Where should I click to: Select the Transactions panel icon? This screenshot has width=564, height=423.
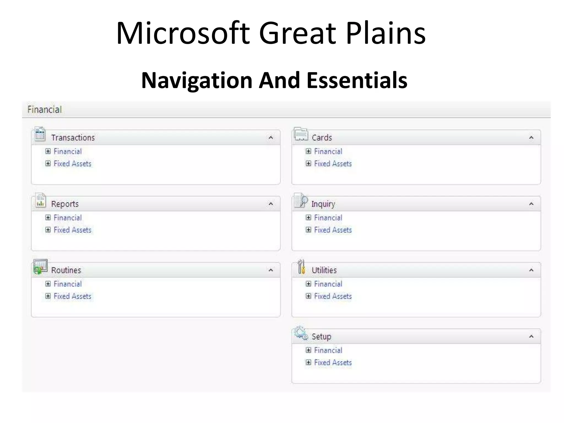click(x=40, y=134)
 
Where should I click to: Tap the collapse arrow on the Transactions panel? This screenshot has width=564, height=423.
click(x=271, y=137)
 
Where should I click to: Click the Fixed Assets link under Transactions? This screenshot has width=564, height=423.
click(x=72, y=164)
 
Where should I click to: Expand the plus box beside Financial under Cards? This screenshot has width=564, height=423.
click(x=308, y=151)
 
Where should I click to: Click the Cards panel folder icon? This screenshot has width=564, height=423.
click(x=301, y=134)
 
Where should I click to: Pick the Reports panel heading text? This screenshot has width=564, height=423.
click(x=65, y=204)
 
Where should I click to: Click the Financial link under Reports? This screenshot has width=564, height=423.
click(x=68, y=218)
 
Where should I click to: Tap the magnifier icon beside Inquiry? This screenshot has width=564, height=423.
click(x=301, y=200)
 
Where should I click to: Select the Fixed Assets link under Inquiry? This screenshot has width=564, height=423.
click(x=333, y=230)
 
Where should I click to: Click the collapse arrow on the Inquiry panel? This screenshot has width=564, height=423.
click(x=531, y=204)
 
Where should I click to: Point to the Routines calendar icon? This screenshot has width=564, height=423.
click(x=40, y=267)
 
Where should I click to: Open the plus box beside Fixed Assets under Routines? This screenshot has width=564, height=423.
click(x=48, y=296)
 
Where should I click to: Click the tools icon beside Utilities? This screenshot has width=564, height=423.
click(x=301, y=267)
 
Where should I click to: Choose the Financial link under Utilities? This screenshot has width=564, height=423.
click(x=328, y=284)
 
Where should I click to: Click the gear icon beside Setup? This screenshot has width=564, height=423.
click(x=300, y=333)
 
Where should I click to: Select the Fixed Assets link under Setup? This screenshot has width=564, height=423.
click(x=333, y=363)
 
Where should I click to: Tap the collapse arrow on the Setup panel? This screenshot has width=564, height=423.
click(x=531, y=336)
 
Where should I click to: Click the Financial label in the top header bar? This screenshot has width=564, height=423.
click(x=45, y=110)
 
